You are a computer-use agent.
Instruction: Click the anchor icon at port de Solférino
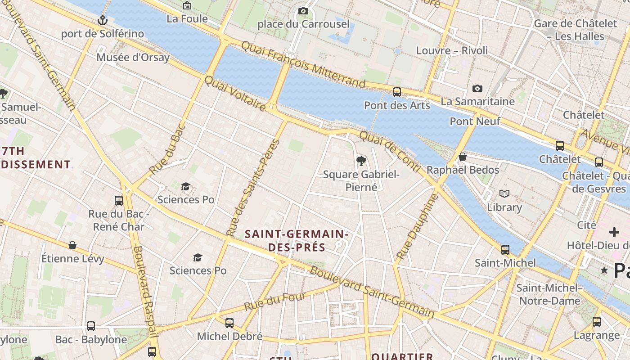103,20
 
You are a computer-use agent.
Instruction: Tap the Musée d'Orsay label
133,57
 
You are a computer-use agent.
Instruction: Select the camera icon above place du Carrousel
303,11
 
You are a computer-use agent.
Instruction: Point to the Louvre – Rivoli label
452,50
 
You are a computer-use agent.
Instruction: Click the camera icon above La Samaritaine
477,88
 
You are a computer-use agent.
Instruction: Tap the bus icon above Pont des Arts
396,92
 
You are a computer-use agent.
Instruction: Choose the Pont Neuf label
475,121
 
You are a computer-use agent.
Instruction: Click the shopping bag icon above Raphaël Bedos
463,157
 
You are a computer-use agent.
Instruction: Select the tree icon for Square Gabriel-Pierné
361,161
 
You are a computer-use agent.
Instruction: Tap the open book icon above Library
504,194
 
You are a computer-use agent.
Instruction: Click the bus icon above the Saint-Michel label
505,249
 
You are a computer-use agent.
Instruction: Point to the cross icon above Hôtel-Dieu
614,232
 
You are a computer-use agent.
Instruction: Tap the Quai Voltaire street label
235,93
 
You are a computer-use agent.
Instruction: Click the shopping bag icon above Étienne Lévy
72,245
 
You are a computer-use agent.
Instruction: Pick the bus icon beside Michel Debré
229,323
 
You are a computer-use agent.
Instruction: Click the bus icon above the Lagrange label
597,321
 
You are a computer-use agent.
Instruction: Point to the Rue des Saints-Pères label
253,188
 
